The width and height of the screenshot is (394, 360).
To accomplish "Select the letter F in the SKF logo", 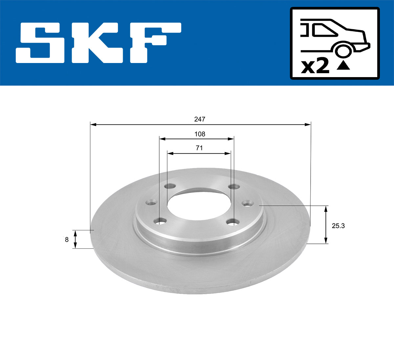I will point(154,43).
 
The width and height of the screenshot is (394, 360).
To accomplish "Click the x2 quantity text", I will point(315,66).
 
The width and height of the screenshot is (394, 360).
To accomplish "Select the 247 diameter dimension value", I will point(199,119).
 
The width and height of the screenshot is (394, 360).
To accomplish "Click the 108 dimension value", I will point(199,134).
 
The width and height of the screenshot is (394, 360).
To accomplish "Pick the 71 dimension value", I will point(199,148).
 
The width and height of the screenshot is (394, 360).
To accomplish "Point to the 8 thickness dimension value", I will point(67,240).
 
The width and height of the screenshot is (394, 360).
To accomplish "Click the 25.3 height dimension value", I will point(338,226).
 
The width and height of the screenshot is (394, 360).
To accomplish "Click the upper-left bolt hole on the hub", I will point(169,186).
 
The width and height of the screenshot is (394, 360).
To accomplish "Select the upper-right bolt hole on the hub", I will point(234,187).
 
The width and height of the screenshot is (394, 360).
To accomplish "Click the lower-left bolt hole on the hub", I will point(161,222).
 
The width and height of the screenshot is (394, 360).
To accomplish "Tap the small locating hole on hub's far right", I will point(247,204).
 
